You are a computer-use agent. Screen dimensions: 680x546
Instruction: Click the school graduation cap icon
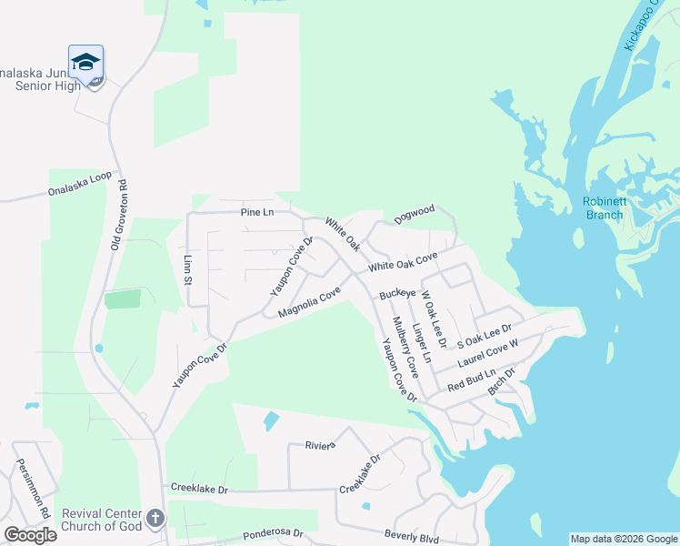[85, 62]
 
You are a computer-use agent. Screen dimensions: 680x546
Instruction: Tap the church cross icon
[155, 519]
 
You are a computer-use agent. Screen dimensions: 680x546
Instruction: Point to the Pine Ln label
[257, 212]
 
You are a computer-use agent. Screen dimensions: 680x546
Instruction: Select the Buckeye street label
[398, 294]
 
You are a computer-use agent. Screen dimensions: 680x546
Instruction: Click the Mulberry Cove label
[405, 347]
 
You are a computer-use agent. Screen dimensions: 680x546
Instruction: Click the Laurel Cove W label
[487, 355]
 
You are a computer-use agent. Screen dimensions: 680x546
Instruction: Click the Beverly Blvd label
[411, 537]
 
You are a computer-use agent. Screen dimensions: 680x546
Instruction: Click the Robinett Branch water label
[603, 208]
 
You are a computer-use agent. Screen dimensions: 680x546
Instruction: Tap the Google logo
[30, 534]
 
